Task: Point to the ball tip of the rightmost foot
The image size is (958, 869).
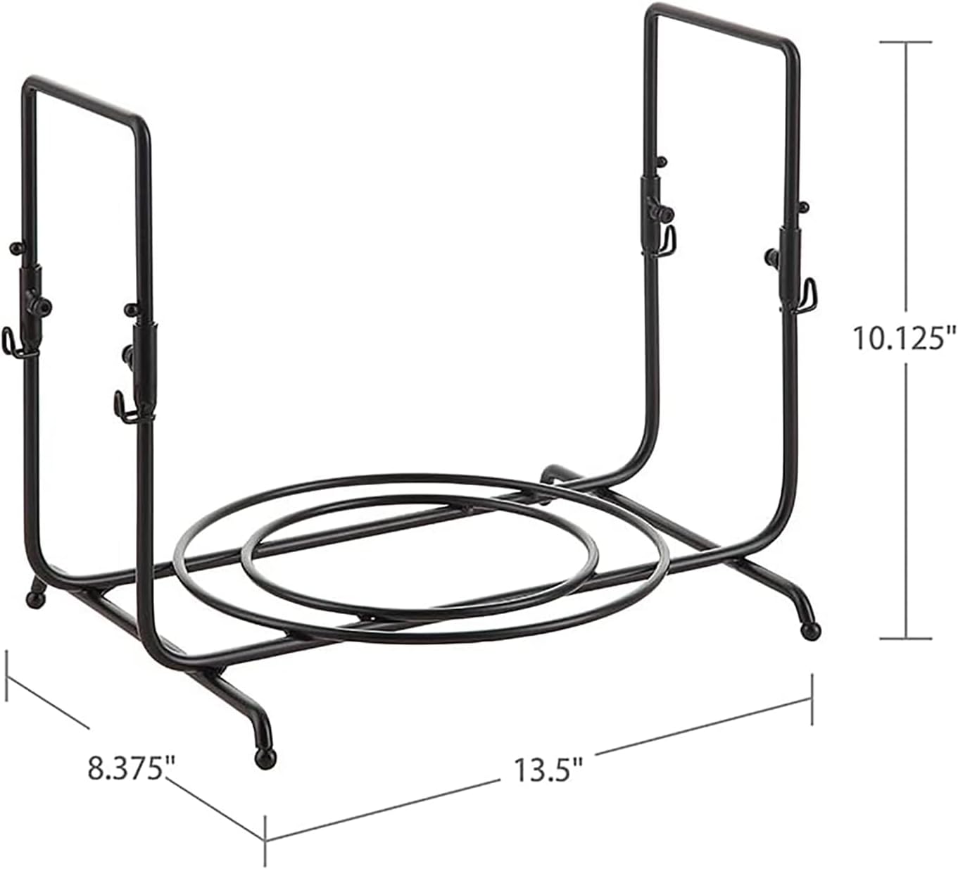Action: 811,632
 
